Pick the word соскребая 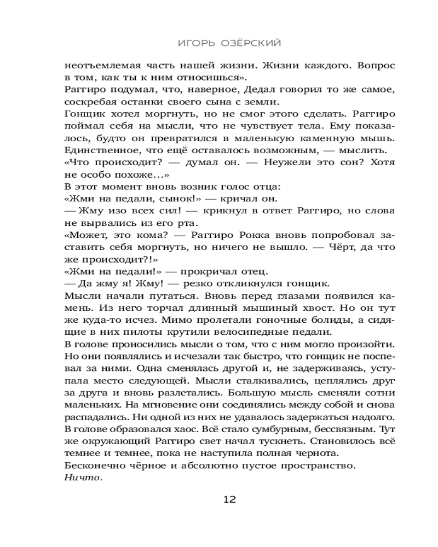pos(89,102)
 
